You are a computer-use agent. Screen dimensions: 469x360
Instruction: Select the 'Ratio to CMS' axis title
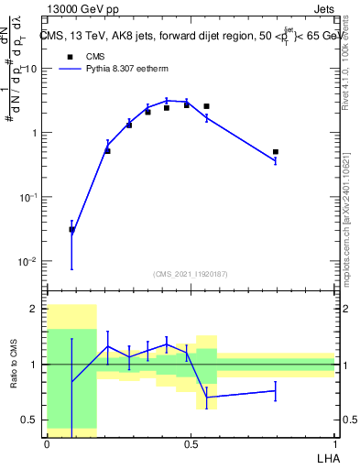(14, 364)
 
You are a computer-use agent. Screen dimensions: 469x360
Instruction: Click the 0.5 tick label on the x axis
(191, 443)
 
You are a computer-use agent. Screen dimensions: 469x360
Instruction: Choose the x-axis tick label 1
(334, 443)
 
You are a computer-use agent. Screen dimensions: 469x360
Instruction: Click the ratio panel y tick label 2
(36, 309)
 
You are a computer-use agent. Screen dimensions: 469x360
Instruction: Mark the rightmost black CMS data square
(276, 152)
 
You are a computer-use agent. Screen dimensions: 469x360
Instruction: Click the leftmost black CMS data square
(71, 230)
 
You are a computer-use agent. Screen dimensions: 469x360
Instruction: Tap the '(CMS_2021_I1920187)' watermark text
(190, 273)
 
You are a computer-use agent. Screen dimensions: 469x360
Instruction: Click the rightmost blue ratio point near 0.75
(276, 391)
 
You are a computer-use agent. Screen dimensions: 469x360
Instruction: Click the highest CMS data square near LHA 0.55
(206, 106)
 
